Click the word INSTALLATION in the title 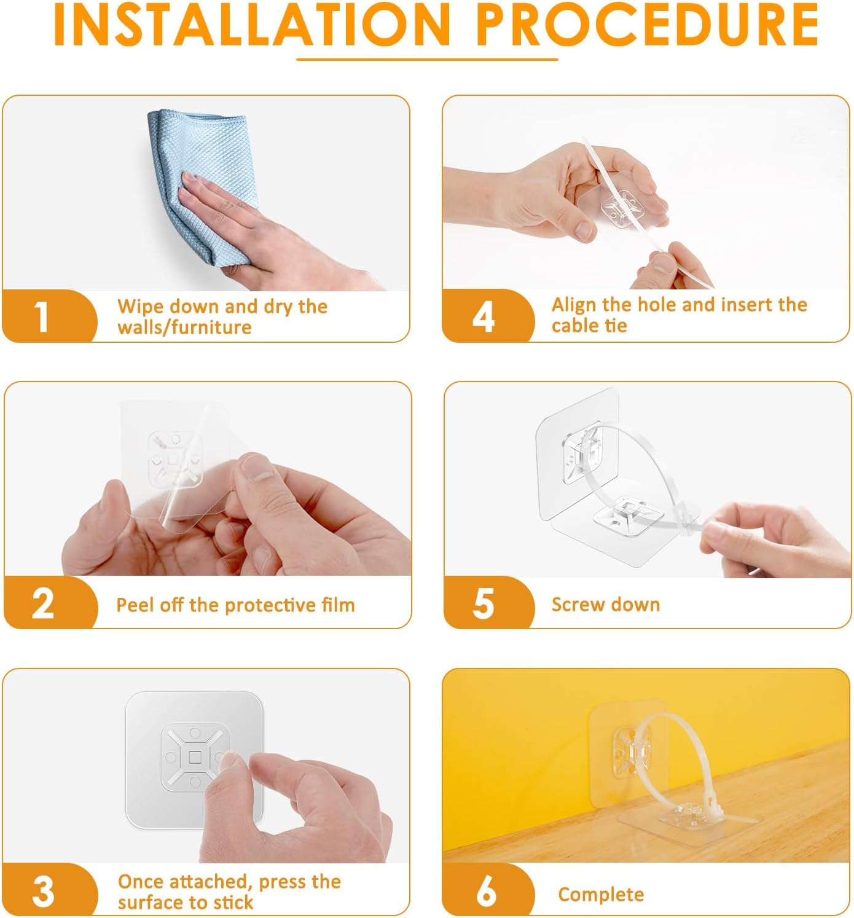[252, 25]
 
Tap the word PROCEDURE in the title [648, 25]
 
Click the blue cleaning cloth [203, 185]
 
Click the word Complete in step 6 [601, 895]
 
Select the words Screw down [606, 605]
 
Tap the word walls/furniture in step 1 [184, 328]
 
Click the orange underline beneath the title [427, 60]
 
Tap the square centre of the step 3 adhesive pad [195, 758]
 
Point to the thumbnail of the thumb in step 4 [584, 230]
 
